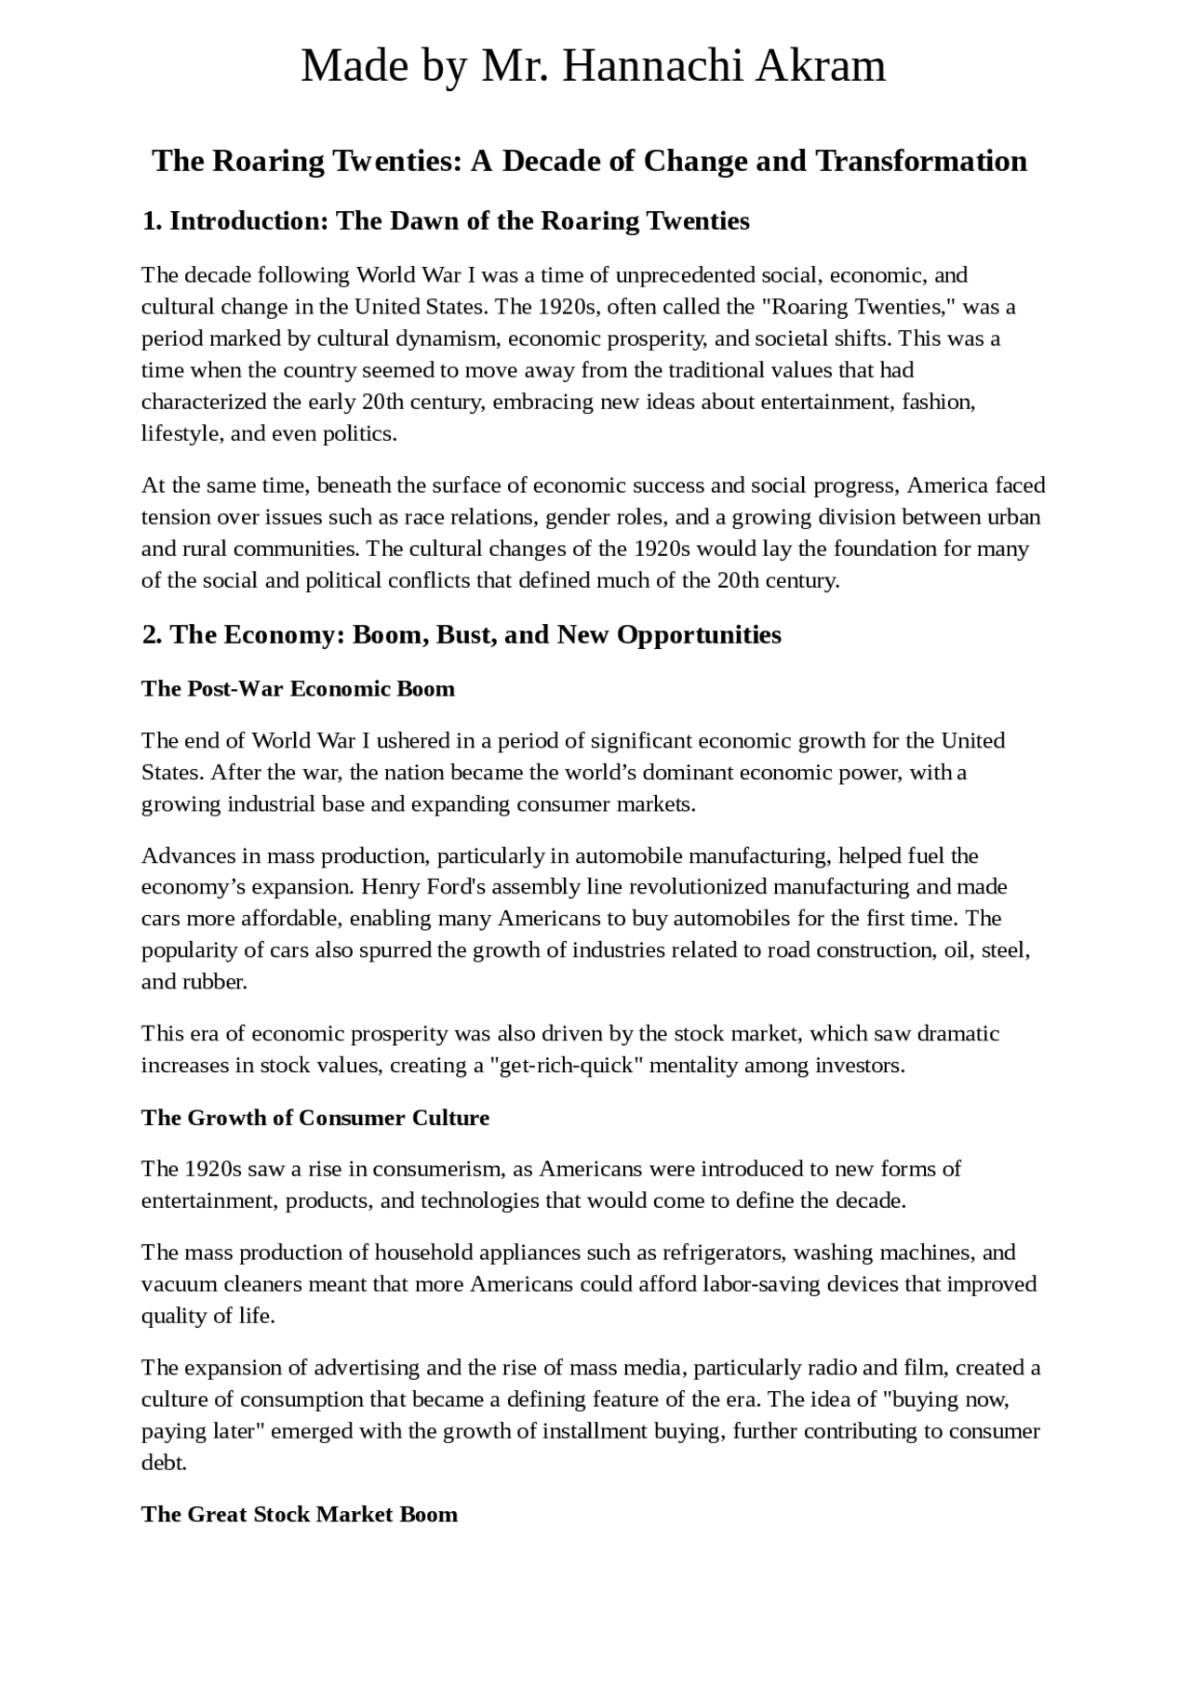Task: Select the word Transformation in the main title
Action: click(921, 161)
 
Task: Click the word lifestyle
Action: click(181, 433)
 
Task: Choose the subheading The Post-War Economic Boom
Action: click(298, 689)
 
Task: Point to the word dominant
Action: click(684, 773)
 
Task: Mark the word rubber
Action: click(221, 982)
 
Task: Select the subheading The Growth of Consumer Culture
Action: click(315, 1118)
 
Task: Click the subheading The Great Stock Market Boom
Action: click(300, 1515)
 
